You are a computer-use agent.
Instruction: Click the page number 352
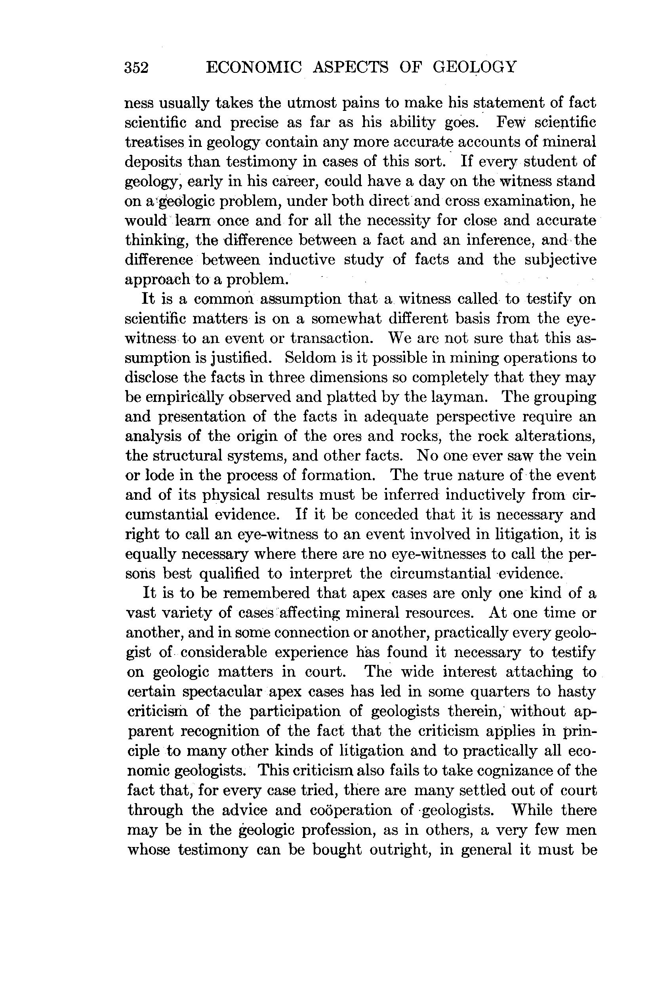click(x=137, y=67)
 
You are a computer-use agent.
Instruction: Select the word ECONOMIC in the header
click(x=254, y=67)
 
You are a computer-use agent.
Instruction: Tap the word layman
click(x=462, y=397)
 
